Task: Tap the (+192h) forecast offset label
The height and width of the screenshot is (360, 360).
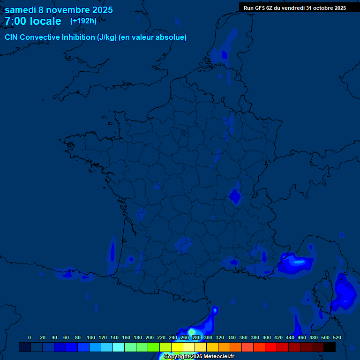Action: (x=83, y=21)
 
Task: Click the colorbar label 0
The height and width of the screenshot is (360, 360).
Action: (x=30, y=337)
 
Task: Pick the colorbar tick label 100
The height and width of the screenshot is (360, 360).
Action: (x=91, y=337)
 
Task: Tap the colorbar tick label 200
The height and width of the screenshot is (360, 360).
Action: (x=150, y=337)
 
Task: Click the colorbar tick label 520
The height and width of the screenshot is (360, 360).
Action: (x=337, y=337)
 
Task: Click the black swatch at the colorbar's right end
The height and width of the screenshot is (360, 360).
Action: (x=330, y=347)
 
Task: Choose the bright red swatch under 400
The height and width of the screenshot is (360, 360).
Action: (x=270, y=347)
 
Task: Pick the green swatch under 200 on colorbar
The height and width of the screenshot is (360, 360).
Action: (x=153, y=347)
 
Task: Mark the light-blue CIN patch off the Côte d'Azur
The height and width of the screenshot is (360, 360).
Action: (x=295, y=263)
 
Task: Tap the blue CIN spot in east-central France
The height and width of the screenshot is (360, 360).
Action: (x=235, y=196)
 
